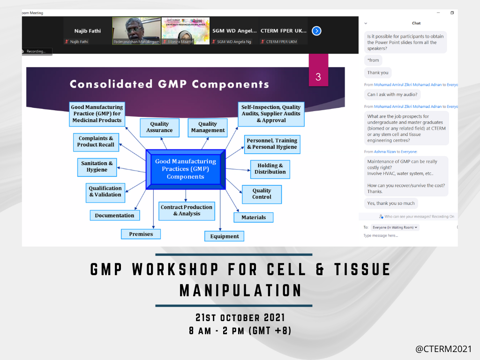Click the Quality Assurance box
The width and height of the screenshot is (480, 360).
(x=159, y=127)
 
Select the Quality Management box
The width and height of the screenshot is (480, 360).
(x=208, y=127)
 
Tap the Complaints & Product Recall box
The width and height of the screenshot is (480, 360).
(x=96, y=142)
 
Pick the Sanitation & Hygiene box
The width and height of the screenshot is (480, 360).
(x=97, y=166)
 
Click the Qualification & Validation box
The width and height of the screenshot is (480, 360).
(x=105, y=192)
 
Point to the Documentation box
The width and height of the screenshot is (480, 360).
(x=114, y=216)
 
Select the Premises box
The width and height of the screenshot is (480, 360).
(x=141, y=234)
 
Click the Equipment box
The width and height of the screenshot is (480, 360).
(x=224, y=236)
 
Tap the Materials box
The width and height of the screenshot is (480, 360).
(x=254, y=217)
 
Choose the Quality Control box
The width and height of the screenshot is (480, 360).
(x=262, y=194)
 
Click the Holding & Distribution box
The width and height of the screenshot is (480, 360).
(x=270, y=169)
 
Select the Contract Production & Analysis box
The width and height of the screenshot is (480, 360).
(x=187, y=210)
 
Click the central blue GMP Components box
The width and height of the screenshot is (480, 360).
(x=186, y=169)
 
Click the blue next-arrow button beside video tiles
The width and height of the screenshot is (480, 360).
(x=316, y=31)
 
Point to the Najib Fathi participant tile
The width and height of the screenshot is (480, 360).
(x=87, y=31)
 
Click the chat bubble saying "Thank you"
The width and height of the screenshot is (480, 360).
(x=378, y=73)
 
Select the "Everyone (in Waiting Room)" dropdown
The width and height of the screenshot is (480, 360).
(x=395, y=227)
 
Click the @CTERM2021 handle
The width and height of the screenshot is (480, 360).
(x=443, y=349)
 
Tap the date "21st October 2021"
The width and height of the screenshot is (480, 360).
(x=240, y=318)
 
